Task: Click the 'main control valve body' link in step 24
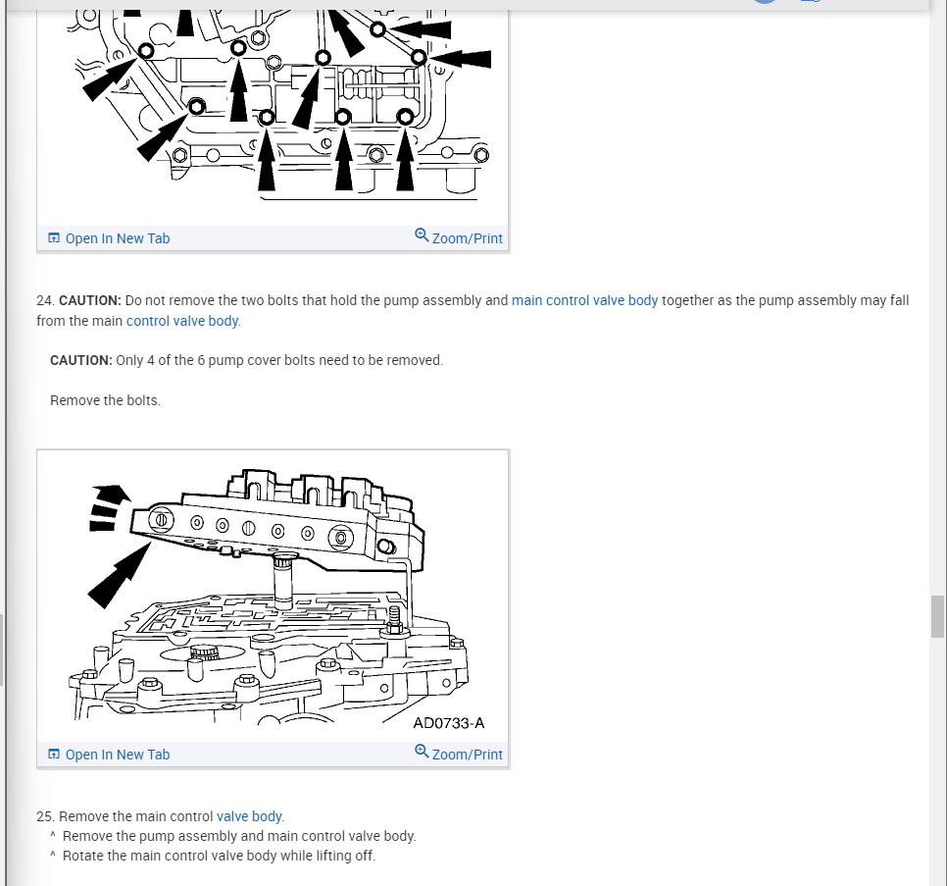click(x=584, y=300)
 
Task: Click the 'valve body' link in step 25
click(x=249, y=816)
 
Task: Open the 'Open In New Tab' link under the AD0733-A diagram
click(x=118, y=755)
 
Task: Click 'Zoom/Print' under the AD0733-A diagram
click(x=467, y=755)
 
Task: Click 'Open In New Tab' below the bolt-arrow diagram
click(x=118, y=238)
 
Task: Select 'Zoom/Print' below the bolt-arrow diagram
click(x=467, y=238)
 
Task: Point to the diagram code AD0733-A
click(x=449, y=723)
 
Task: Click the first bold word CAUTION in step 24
click(x=90, y=300)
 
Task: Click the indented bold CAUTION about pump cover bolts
click(x=81, y=360)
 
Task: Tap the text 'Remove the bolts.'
click(x=105, y=400)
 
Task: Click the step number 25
click(x=45, y=816)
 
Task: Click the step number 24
click(x=45, y=300)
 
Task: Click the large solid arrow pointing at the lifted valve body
click(x=119, y=575)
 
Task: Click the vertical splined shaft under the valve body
click(x=282, y=581)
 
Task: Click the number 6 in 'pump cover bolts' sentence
click(x=201, y=360)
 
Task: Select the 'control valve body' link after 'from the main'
click(x=182, y=321)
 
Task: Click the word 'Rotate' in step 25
click(x=82, y=856)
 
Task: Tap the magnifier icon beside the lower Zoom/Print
click(x=422, y=752)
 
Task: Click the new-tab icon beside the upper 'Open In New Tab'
click(x=54, y=237)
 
